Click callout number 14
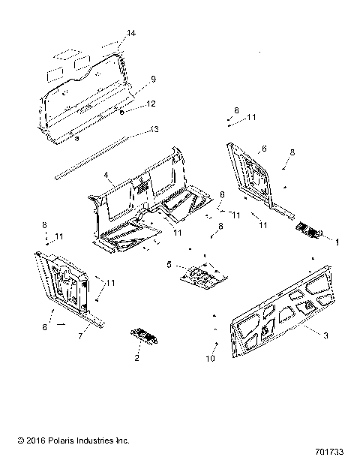tap(131, 34)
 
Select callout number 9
tap(152, 79)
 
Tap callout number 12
tap(151, 104)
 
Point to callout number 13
tap(154, 130)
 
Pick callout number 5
tap(169, 265)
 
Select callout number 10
tap(211, 359)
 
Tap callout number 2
tap(137, 359)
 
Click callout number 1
tap(337, 242)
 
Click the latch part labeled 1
tap(308, 231)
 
